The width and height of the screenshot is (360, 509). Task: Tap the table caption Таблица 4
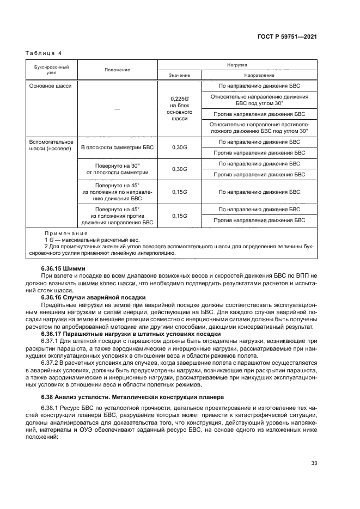tap(44, 53)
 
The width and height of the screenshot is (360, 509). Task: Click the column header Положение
tap(118, 70)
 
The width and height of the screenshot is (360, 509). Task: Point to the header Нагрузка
tap(237, 64)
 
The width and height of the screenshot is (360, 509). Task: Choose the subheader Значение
tap(179, 75)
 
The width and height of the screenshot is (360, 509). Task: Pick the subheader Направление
tap(259, 75)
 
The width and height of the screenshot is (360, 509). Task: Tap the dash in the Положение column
tap(117, 109)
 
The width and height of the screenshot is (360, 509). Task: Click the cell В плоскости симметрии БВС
tap(118, 147)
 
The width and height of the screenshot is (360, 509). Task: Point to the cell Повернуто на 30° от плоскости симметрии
tap(118, 168)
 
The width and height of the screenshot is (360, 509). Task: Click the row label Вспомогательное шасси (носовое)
tap(50, 145)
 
